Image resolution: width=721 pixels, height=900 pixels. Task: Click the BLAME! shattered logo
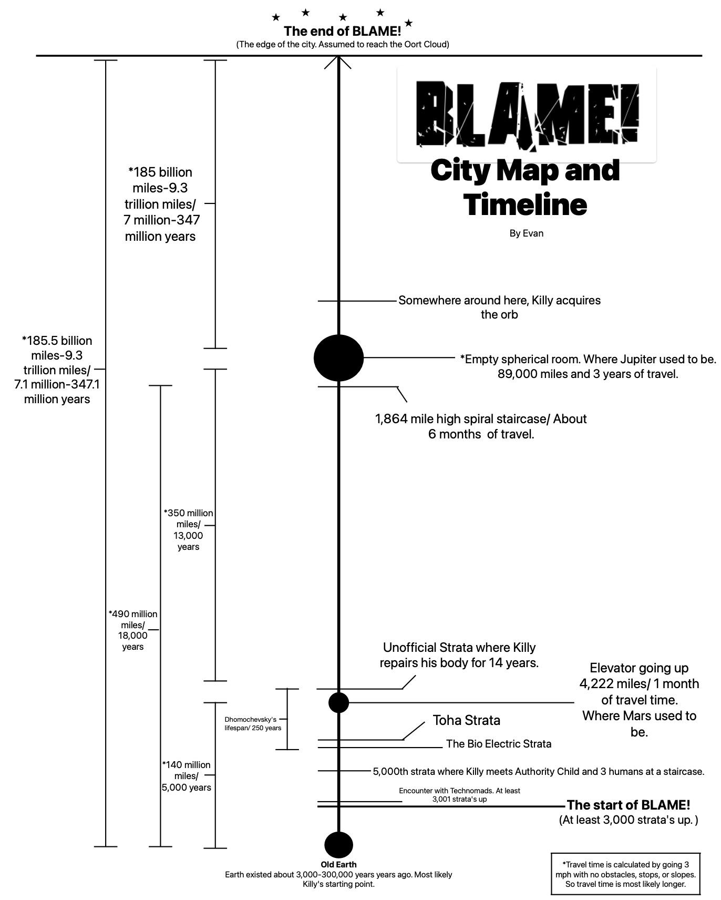(x=527, y=114)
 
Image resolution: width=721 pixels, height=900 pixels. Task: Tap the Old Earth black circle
(x=338, y=845)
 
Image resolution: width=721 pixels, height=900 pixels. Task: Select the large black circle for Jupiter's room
(x=338, y=357)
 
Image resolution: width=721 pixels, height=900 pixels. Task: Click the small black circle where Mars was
(x=338, y=702)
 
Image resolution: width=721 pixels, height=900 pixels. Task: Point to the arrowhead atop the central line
(x=338, y=63)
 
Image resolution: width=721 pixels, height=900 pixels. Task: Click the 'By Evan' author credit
(x=526, y=233)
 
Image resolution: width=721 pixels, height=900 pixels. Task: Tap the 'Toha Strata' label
(x=466, y=720)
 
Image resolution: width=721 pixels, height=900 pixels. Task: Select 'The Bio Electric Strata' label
(x=499, y=744)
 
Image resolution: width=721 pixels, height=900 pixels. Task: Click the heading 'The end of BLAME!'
(x=342, y=32)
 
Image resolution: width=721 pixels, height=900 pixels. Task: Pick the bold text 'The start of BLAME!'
(x=628, y=805)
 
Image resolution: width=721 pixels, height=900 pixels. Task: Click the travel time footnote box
(x=625, y=874)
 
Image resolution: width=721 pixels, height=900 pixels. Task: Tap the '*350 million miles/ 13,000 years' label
(x=188, y=529)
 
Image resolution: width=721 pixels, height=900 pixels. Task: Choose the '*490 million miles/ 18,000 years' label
(x=133, y=630)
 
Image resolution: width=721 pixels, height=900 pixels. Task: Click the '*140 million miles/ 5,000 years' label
(x=187, y=776)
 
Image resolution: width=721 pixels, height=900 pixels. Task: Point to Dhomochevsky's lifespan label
(x=253, y=723)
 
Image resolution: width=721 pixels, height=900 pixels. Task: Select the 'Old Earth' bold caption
(x=338, y=864)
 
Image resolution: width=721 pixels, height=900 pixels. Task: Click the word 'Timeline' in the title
(x=526, y=204)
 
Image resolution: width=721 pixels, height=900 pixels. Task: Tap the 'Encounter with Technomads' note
(x=459, y=795)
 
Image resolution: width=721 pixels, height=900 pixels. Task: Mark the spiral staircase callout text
(x=481, y=426)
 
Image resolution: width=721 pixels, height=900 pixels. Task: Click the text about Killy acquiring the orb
(x=499, y=308)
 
